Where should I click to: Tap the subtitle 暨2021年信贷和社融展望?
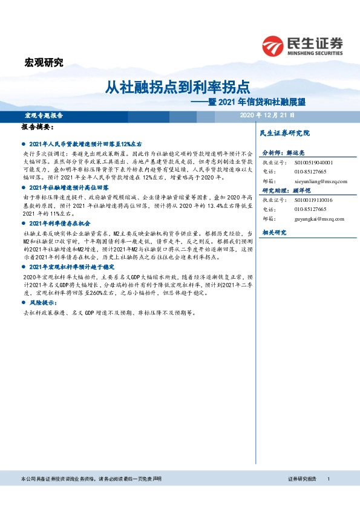click(x=254, y=102)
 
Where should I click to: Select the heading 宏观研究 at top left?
click(x=43, y=62)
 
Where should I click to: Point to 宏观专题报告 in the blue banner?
click(x=44, y=115)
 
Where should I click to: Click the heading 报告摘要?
click(x=38, y=128)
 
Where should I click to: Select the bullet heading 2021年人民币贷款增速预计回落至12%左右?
click(x=85, y=145)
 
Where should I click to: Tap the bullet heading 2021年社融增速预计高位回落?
click(x=72, y=189)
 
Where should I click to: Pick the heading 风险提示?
click(x=42, y=302)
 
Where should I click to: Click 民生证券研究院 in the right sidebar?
click(x=284, y=132)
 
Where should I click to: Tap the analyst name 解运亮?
click(x=296, y=154)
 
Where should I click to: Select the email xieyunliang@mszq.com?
click(x=319, y=181)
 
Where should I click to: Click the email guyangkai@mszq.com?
click(x=318, y=218)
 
